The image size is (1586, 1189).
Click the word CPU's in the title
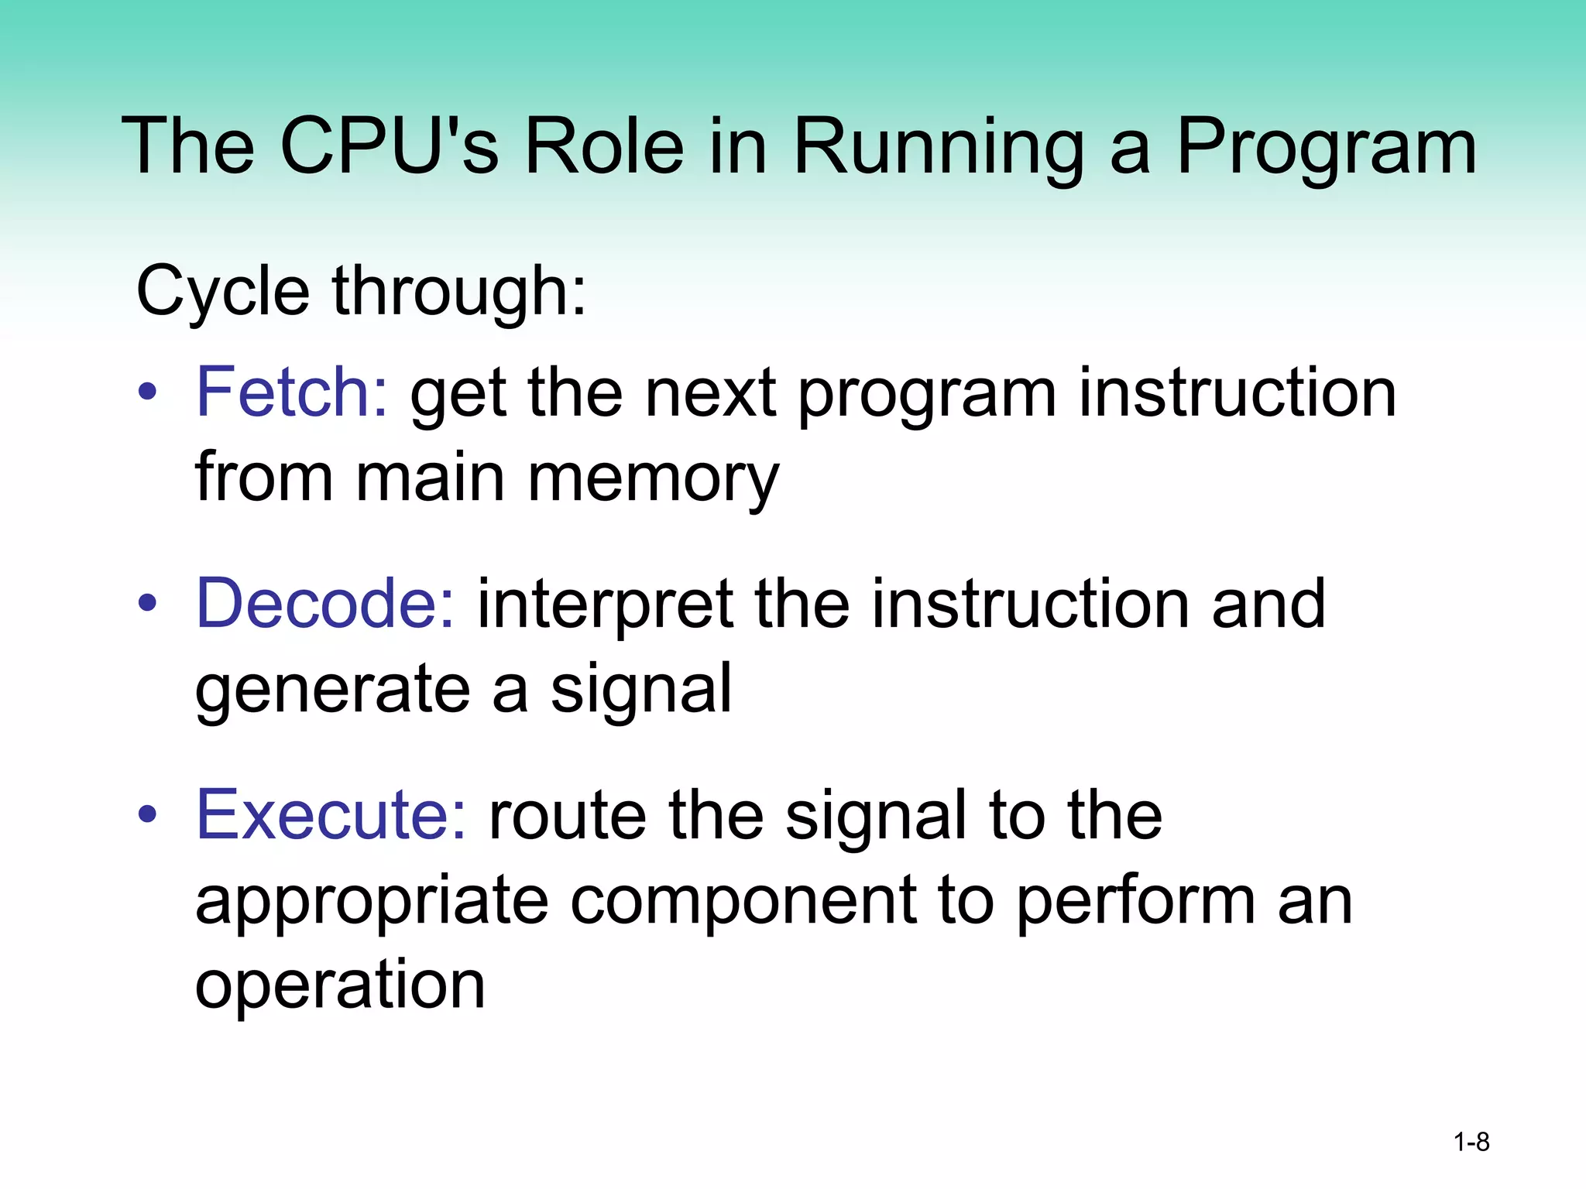[389, 146]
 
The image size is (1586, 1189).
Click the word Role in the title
[604, 146]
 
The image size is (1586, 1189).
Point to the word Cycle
[223, 293]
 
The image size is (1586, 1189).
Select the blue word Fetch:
[292, 392]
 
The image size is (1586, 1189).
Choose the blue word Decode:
[326, 604]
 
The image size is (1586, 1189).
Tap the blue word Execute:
[331, 815]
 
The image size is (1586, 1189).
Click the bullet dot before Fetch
[147, 393]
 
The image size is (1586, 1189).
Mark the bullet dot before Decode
[147, 604]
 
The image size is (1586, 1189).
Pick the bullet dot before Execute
[147, 815]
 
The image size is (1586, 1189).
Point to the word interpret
[605, 605]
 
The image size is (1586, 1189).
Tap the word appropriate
[372, 903]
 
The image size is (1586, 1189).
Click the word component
[743, 901]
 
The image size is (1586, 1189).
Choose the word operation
[340, 986]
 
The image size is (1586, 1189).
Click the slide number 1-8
[1471, 1143]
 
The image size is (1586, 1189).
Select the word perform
[1135, 903]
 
